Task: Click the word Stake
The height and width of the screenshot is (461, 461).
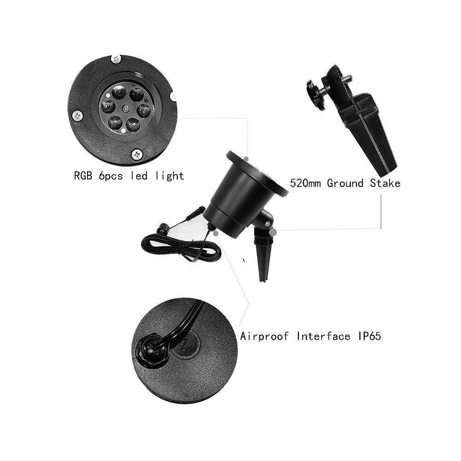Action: pos(385,183)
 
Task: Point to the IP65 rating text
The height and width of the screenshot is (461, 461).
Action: pos(369,336)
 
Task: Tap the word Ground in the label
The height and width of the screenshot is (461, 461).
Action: pos(345,183)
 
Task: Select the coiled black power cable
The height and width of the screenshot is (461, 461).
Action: pos(180,246)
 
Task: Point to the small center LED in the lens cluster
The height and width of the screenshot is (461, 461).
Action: pos(124,109)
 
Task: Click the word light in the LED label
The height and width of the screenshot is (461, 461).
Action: pos(170,176)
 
